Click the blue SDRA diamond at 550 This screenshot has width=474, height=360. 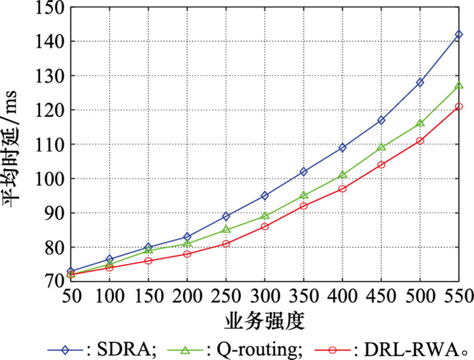[x=458, y=34]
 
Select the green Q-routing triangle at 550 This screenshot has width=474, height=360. [x=458, y=85]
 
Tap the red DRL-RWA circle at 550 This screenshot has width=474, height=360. [x=458, y=106]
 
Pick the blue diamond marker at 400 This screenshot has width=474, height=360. [x=342, y=147]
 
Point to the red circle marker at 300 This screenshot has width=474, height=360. [x=265, y=226]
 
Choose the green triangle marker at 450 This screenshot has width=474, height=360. [x=381, y=147]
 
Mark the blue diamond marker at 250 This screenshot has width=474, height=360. [x=226, y=216]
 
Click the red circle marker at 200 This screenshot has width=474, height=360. [x=188, y=254]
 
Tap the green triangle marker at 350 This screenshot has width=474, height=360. [x=303, y=195]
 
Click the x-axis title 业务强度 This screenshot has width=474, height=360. [x=265, y=317]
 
